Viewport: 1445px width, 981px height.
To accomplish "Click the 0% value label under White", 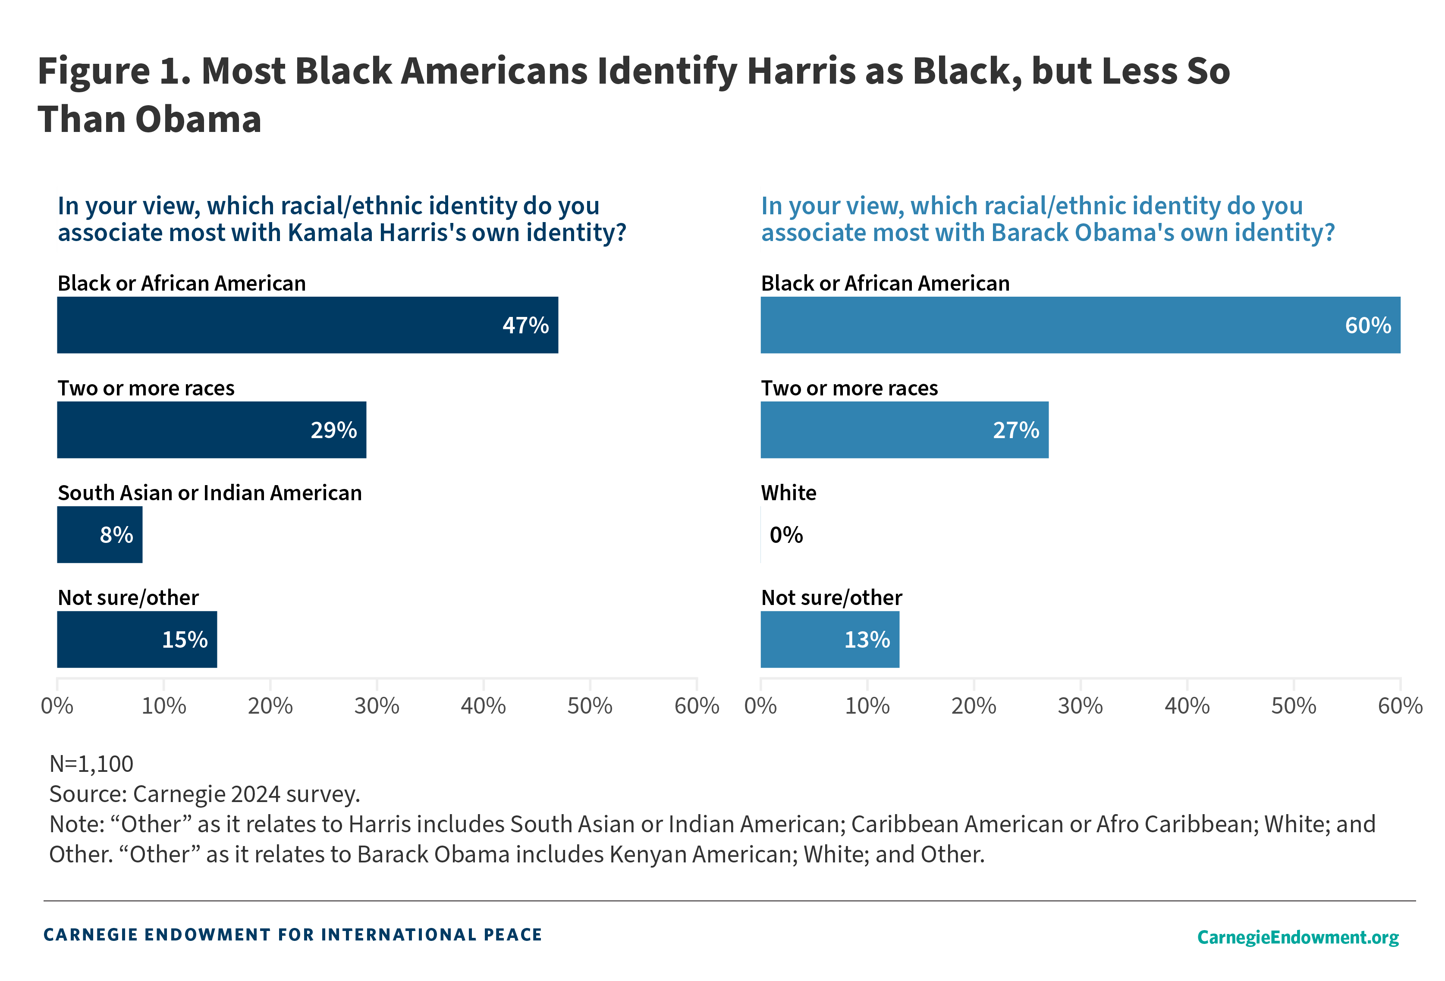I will [x=786, y=535].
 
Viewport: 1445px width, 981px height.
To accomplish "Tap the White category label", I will [x=788, y=492].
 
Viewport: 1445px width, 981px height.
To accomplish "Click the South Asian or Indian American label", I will [x=210, y=492].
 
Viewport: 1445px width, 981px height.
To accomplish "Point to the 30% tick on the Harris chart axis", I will [x=377, y=705].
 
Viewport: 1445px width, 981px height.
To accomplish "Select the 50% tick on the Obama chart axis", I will [x=1293, y=705].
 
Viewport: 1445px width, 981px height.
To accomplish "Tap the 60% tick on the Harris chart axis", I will [x=696, y=705].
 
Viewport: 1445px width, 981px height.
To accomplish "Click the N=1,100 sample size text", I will [x=91, y=763].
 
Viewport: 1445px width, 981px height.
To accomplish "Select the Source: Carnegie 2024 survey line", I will [x=204, y=794].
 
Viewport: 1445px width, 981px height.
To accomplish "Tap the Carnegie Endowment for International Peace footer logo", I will [x=292, y=934].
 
